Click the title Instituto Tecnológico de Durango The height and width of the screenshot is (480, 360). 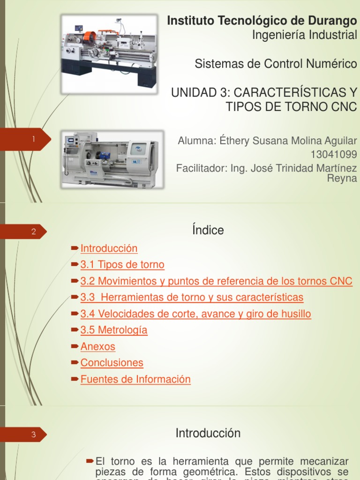(262, 21)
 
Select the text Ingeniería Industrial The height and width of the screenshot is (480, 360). (304, 35)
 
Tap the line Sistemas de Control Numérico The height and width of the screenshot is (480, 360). (276, 64)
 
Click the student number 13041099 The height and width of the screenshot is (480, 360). (334, 154)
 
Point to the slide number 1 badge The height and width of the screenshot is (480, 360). (34, 139)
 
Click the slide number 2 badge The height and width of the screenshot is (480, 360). (34, 232)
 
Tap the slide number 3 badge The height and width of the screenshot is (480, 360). (34, 435)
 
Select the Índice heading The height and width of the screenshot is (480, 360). (208, 230)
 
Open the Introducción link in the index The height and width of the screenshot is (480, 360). (109, 248)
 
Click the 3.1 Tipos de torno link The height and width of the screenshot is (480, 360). (122, 265)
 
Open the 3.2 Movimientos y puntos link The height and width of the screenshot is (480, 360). (216, 281)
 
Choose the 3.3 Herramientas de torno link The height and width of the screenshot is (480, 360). (192, 297)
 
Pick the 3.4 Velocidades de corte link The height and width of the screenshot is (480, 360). (195, 314)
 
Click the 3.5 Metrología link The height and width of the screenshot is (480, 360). (114, 330)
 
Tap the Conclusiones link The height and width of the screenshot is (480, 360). (112, 363)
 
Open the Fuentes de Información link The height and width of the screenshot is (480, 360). (135, 379)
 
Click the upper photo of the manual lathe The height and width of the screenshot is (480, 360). (109, 52)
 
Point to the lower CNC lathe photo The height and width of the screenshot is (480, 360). (112, 159)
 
